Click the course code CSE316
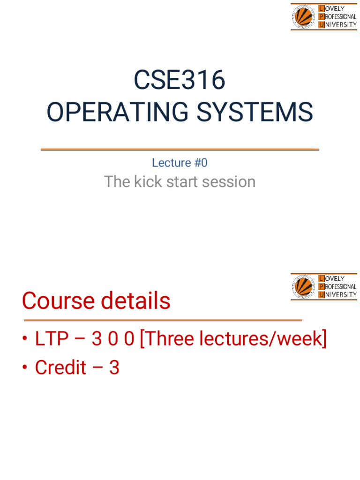(180, 80)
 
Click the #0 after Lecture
(199, 163)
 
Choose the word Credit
(60, 368)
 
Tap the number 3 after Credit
(114, 368)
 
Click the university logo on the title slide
(324, 17)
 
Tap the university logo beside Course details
(324, 286)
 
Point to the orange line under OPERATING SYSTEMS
(180, 149)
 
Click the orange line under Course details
(163, 320)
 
